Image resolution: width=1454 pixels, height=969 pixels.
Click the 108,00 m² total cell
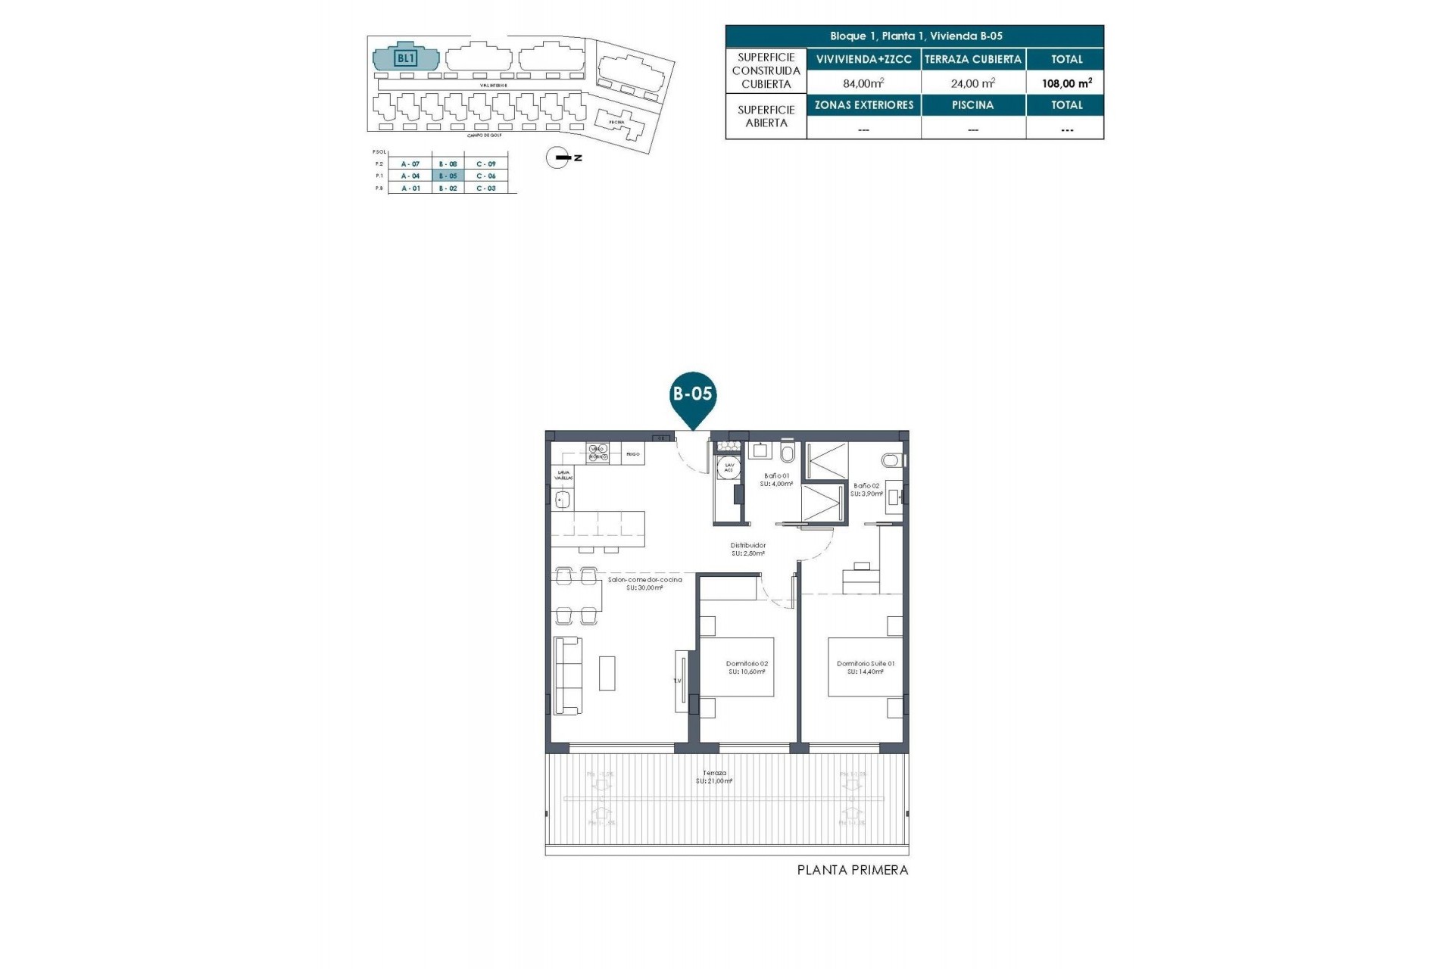tap(1066, 83)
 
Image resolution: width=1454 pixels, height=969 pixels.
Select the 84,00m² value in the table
tap(863, 83)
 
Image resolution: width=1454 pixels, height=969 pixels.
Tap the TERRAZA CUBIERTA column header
tap(973, 59)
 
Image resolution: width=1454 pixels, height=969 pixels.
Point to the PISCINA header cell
tap(973, 105)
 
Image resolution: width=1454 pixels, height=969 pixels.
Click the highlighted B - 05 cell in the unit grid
tap(448, 176)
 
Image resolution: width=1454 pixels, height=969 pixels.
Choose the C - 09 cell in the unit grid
tap(486, 164)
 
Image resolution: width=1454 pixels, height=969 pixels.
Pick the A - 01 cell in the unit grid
tap(410, 188)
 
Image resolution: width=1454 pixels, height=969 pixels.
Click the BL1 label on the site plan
tap(406, 58)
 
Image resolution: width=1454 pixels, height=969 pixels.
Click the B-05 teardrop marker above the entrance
tap(692, 394)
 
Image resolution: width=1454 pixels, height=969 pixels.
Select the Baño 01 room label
tap(776, 479)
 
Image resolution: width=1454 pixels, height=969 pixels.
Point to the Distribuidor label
tap(747, 549)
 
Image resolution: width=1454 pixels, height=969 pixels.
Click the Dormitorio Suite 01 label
tap(866, 667)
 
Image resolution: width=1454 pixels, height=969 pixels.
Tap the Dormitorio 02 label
tap(747, 667)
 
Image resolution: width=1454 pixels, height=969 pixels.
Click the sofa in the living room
tap(567, 675)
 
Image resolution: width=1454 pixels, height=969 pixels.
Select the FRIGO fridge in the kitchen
tap(633, 454)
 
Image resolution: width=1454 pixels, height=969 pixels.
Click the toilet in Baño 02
tap(892, 460)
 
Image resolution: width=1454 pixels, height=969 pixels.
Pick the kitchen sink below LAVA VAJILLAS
tap(562, 500)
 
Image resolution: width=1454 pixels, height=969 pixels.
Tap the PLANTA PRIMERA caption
tap(852, 871)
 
